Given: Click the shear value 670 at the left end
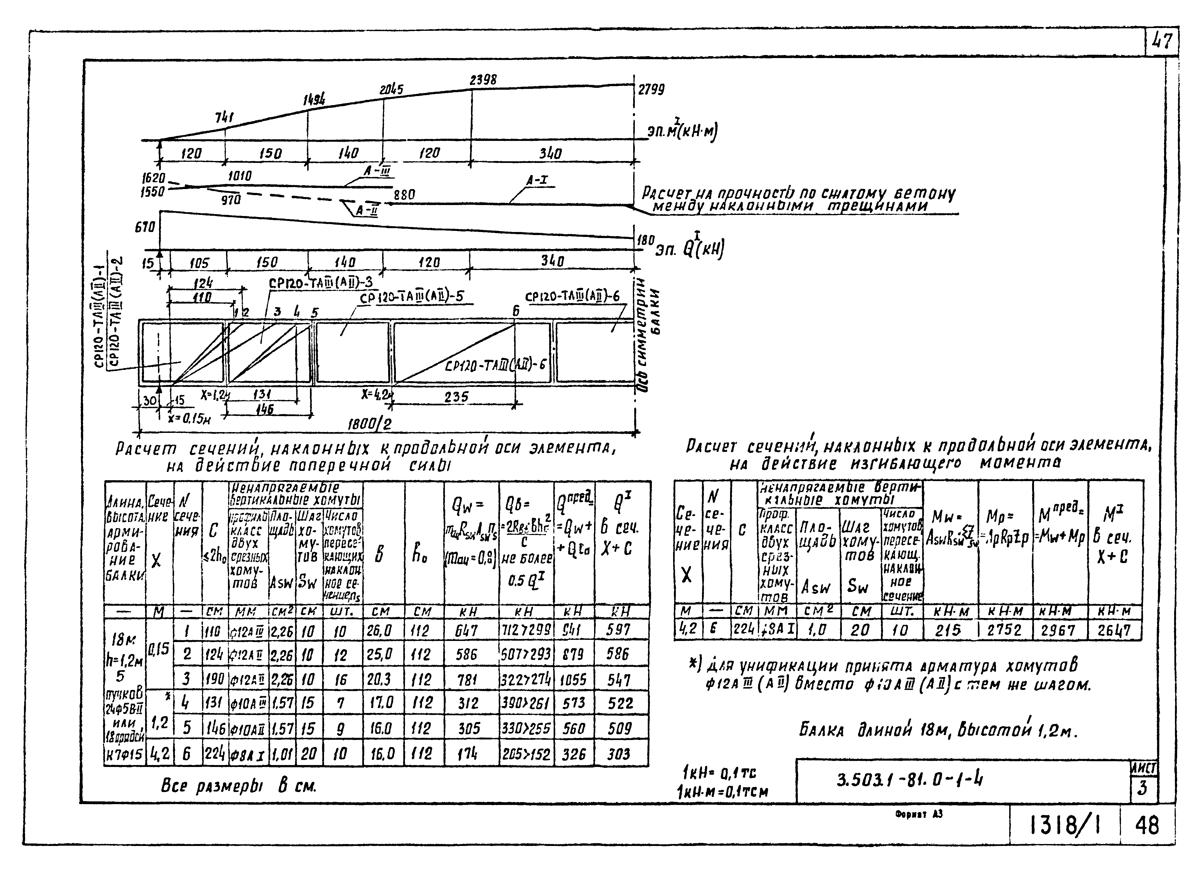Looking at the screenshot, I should [x=145, y=227].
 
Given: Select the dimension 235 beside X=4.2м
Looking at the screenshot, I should [x=456, y=397].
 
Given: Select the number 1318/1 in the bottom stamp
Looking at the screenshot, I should [x=1065, y=825].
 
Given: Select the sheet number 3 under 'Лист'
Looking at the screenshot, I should [x=1142, y=788].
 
